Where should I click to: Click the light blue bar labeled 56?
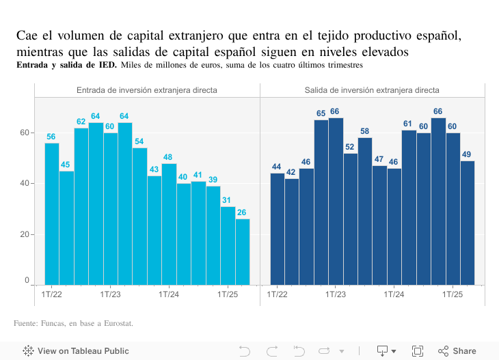coord(52,214)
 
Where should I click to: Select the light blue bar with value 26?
coord(243,251)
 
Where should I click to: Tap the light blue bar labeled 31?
coord(228,245)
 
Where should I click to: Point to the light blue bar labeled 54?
coord(139,216)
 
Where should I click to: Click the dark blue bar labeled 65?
coord(321,202)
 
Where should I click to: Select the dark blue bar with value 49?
coord(468,223)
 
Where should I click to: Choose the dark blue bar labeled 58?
coord(365,211)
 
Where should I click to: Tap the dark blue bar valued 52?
coord(351,219)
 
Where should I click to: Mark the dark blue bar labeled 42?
coord(292,232)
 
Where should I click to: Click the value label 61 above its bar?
coord(409,124)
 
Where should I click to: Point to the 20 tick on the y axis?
coord(25,234)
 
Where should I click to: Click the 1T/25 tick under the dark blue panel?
coord(453,294)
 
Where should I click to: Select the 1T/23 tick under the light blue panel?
coord(110,294)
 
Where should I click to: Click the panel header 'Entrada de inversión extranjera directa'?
coord(147,90)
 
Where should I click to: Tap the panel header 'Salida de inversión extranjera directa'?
coord(372,90)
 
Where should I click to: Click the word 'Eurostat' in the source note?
coord(116,323)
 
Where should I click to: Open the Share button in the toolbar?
coord(457,351)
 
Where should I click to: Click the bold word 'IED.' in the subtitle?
coord(107,65)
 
